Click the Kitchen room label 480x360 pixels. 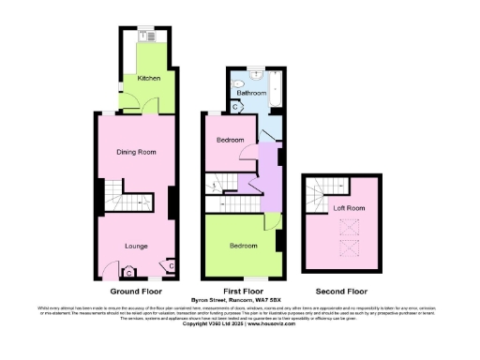pyautogui.click(x=148, y=79)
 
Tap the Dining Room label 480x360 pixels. pyautogui.click(x=136, y=152)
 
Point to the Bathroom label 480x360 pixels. pyautogui.click(x=251, y=93)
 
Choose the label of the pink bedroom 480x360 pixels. pyautogui.click(x=230, y=141)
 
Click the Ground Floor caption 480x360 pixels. pyautogui.click(x=137, y=292)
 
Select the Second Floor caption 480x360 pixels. pyautogui.click(x=342, y=292)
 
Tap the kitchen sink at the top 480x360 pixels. pyautogui.click(x=147, y=36)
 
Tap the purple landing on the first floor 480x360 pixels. pyautogui.click(x=270, y=173)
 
